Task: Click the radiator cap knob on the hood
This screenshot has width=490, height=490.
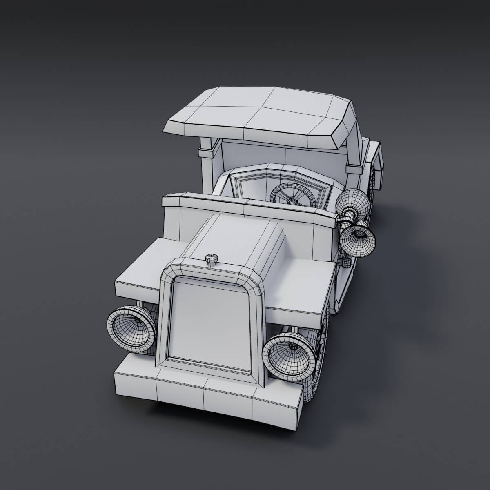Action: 212,259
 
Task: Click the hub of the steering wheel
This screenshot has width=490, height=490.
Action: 293,200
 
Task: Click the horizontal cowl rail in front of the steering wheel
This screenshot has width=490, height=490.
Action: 249,206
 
